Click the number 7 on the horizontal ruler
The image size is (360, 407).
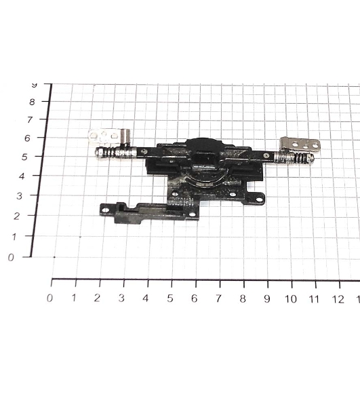pos(219,298)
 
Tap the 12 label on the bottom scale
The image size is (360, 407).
pos(338,299)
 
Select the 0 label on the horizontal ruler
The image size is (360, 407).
pos(49,298)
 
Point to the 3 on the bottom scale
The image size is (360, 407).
pos(121,298)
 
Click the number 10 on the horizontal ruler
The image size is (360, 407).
pos(291,299)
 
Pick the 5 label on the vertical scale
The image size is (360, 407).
pos(24,157)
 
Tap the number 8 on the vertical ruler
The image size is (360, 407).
pos(32,102)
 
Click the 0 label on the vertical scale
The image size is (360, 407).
pos(11,258)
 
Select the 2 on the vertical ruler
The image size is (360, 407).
pos(16,216)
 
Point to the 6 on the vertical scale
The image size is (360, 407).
pos(27,138)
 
